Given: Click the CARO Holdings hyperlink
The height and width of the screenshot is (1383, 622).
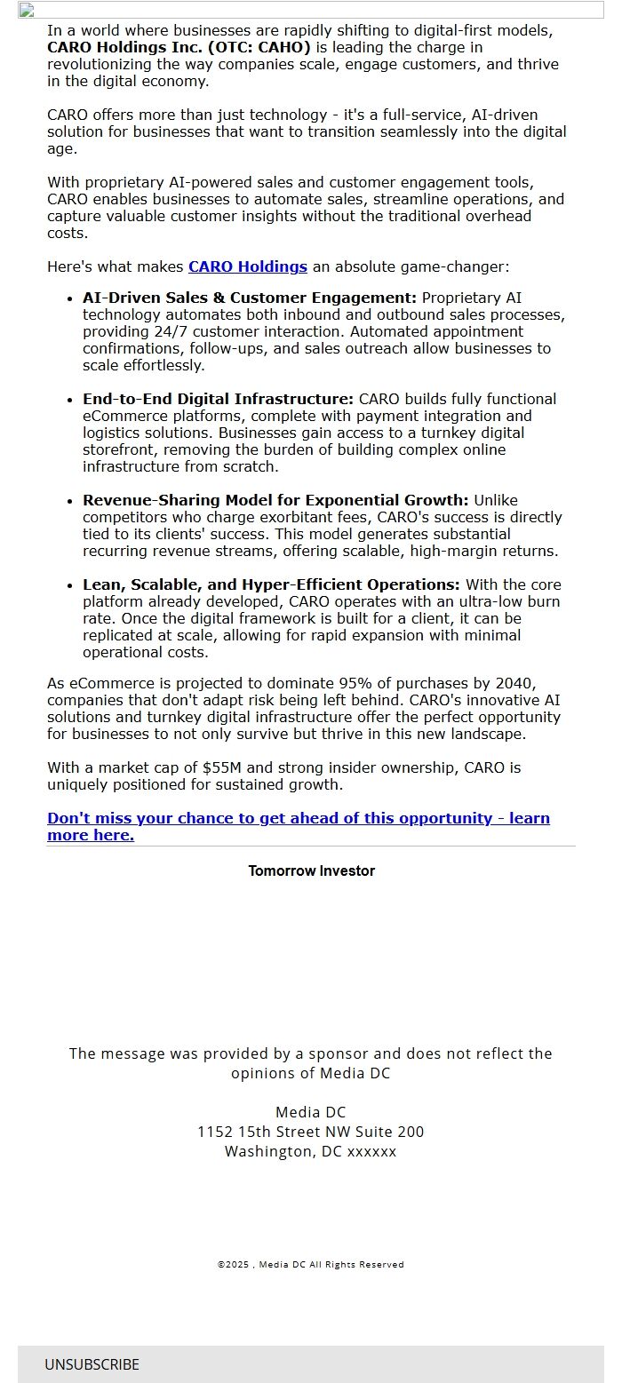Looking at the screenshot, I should point(247,266).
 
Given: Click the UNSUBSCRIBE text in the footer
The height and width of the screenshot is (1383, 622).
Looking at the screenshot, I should point(92,1364).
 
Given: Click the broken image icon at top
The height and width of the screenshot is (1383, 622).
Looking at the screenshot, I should point(26,11).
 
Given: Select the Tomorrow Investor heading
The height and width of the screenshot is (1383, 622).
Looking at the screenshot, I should point(311,870).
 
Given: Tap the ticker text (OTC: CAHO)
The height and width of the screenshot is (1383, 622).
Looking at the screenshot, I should point(259,47).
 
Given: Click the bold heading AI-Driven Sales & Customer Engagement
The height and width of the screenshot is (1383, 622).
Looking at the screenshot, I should point(249,298).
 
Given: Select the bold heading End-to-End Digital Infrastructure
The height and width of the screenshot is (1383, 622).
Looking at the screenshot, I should point(218,399).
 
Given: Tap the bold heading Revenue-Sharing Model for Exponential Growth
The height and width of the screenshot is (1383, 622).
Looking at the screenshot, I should point(275,500).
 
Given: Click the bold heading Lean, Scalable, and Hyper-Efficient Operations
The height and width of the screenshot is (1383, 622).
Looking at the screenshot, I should point(271,584).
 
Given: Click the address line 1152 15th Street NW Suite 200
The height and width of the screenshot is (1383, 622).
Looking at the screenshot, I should point(311,1132).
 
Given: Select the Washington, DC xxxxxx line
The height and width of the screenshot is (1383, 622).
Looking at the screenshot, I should point(311,1151).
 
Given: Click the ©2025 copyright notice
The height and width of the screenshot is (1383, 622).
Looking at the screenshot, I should point(311,1264).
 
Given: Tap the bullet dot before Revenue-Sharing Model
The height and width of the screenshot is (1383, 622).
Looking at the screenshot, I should point(70,501).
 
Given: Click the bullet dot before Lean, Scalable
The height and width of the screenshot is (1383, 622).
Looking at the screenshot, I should point(70,585).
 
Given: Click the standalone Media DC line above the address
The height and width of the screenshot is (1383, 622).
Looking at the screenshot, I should point(311,1112).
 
